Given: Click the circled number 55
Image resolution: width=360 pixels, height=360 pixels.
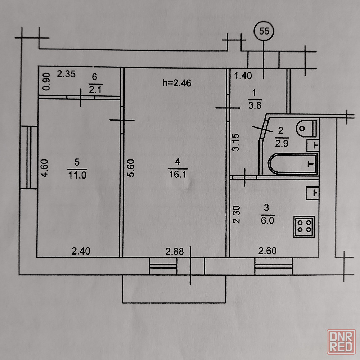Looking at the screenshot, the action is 264,31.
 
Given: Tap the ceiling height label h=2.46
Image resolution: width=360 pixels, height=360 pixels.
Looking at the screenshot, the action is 177,83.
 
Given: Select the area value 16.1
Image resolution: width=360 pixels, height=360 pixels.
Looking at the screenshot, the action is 177,174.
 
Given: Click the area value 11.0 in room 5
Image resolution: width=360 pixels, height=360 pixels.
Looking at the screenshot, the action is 77,175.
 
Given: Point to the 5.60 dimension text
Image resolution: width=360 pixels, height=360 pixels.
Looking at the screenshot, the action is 131,168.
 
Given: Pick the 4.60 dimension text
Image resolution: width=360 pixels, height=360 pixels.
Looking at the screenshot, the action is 45,168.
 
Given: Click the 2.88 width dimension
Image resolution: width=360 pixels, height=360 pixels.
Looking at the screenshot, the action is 175,252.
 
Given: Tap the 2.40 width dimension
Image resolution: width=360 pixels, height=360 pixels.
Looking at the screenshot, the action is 81,251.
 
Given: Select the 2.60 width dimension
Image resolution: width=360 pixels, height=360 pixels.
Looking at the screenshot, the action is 267,251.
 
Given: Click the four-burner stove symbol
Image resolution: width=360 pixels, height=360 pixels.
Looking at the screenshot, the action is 304,226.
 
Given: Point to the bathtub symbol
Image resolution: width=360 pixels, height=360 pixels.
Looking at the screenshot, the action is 293,164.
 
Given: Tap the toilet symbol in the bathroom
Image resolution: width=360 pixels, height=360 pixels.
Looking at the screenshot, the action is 306,129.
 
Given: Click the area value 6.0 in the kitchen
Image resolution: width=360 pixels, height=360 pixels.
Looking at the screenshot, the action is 267,221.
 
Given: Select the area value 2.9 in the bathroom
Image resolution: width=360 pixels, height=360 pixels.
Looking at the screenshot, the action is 282,144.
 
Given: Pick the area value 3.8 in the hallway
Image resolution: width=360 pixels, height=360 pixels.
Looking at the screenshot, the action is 255,105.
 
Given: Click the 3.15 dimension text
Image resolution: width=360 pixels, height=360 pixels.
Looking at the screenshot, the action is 236,142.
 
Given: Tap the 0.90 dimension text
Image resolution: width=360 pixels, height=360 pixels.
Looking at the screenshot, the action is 46,81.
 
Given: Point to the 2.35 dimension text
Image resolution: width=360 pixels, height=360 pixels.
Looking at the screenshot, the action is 66,74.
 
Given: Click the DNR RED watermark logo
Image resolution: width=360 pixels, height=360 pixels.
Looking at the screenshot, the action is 341,341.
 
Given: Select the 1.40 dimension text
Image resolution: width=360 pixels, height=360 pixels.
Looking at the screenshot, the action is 243,76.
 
